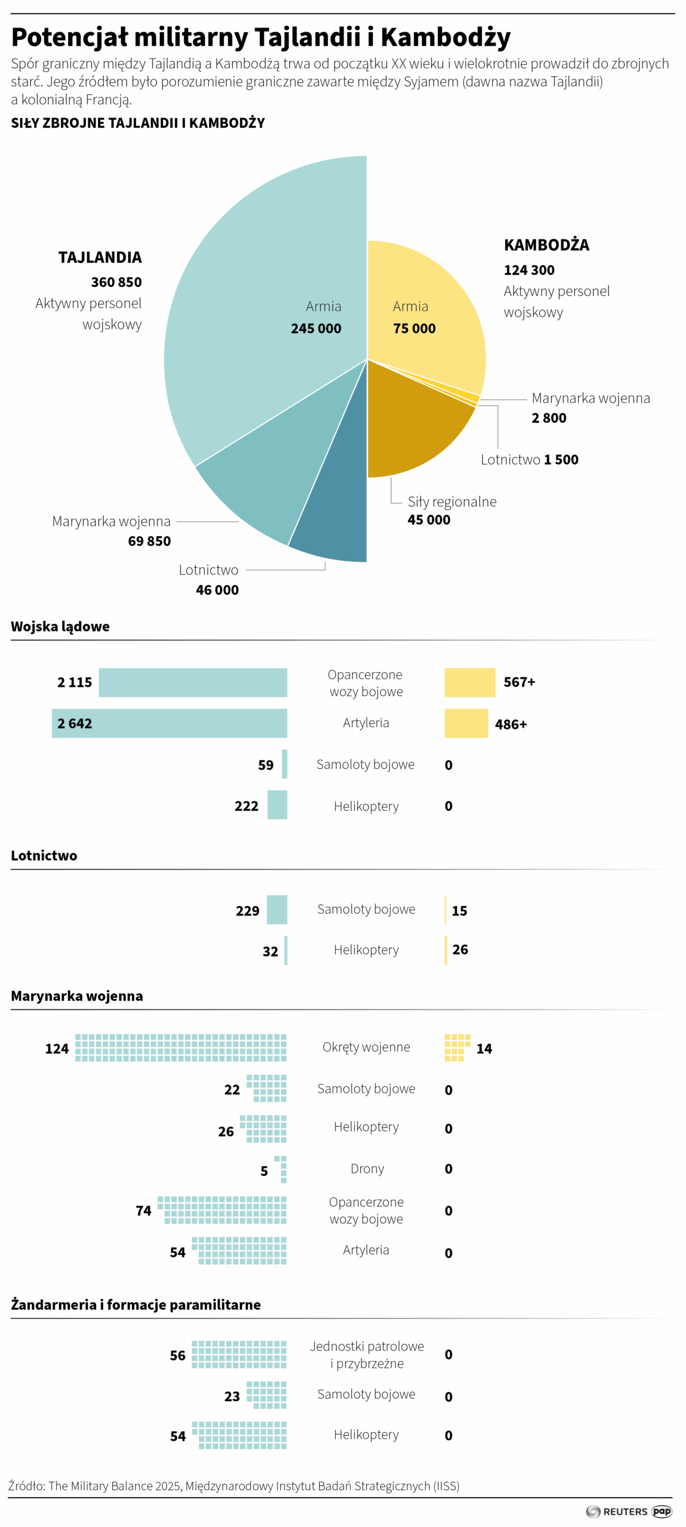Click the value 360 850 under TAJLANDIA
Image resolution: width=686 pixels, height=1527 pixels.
pos(116,282)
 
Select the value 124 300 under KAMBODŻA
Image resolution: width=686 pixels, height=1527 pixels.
pos(529,270)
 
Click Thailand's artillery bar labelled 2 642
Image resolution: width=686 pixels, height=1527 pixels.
pos(179,723)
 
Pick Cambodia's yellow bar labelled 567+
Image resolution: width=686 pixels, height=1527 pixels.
pos(469,682)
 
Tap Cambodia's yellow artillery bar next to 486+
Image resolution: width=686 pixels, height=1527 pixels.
pos(465,723)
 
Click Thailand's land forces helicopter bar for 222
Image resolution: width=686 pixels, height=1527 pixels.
pos(277,805)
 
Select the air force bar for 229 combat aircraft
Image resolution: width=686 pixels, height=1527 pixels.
pos(276,910)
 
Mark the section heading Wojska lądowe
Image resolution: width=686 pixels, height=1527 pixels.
pos(60,626)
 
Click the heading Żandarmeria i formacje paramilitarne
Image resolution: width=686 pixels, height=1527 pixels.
pos(136,1305)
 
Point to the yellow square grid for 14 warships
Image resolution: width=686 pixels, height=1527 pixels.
pos(456,1047)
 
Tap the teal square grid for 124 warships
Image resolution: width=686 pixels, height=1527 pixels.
pos(180,1047)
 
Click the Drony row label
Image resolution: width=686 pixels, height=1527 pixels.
pos(367,1169)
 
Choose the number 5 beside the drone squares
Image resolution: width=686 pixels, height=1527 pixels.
pos(264,1171)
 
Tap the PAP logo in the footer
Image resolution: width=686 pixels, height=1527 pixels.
pos(662,1511)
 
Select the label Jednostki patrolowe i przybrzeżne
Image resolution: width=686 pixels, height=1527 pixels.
pos(367,1355)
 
